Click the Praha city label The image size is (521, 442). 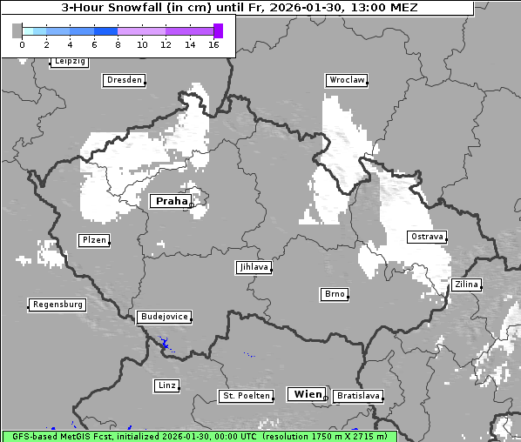[172, 201]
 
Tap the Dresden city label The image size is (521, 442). [124, 80]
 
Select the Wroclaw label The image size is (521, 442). [347, 80]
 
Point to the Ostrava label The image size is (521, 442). [428, 237]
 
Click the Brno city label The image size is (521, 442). [335, 294]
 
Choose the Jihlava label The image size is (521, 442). [253, 267]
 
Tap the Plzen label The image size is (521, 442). [94, 240]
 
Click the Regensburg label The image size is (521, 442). [58, 305]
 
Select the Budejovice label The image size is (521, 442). [163, 317]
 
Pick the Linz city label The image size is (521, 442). [166, 385]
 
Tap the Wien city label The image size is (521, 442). [308, 394]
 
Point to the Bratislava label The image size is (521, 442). [358, 396]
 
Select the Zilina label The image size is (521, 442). [466, 285]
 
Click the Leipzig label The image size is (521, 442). [70, 62]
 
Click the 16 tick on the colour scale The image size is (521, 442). [213, 44]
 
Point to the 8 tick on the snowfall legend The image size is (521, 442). [118, 44]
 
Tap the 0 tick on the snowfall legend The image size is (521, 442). [22, 44]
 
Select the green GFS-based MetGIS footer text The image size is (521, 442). [199, 436]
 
